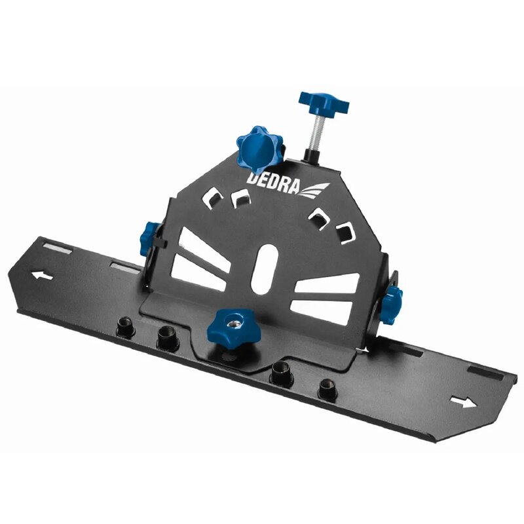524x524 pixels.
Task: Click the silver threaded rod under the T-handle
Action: [315, 132]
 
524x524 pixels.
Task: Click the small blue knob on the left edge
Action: [148, 236]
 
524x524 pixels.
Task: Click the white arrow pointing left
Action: [42, 275]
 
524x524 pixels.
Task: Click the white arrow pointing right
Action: [464, 402]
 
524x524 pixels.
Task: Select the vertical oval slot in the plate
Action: [264, 269]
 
